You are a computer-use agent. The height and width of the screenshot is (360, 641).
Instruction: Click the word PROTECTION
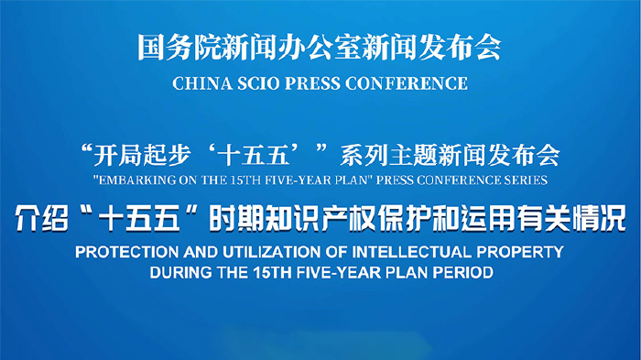pyautogui.click(x=127, y=252)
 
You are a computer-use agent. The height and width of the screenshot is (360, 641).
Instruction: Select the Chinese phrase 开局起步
pyautogui.click(x=142, y=156)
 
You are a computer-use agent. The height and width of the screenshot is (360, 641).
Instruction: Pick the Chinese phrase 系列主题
pyautogui.click(x=388, y=156)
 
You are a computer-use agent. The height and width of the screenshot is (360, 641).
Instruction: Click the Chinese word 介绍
pyautogui.click(x=41, y=218)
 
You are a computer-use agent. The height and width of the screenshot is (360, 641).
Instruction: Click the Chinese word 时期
pyautogui.click(x=236, y=218)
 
